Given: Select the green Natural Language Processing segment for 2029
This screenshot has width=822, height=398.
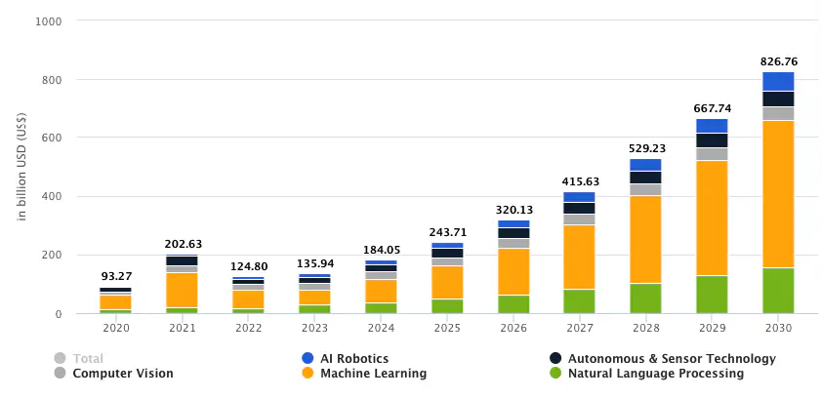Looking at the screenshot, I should click(712, 294).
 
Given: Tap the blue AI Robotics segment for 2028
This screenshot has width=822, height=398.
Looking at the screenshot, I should click(645, 165).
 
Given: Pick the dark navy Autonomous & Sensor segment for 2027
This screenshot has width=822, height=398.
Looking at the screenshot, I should click(579, 208).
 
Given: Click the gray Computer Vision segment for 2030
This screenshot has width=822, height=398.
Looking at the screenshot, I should click(778, 113).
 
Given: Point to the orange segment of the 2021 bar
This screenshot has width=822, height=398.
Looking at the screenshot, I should click(182, 290).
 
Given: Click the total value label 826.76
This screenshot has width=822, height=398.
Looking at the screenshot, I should click(778, 61).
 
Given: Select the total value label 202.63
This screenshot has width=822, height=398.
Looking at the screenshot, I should click(182, 245).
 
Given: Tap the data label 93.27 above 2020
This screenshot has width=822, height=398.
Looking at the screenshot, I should click(115, 276).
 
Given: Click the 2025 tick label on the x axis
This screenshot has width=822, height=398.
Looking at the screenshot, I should click(446, 329).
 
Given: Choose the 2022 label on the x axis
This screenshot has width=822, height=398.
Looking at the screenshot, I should click(248, 329).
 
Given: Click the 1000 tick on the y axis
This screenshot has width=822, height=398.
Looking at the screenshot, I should click(48, 20).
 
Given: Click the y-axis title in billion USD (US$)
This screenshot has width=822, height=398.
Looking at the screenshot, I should click(21, 167).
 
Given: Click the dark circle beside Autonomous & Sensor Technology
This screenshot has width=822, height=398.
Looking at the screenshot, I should click(555, 358).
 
